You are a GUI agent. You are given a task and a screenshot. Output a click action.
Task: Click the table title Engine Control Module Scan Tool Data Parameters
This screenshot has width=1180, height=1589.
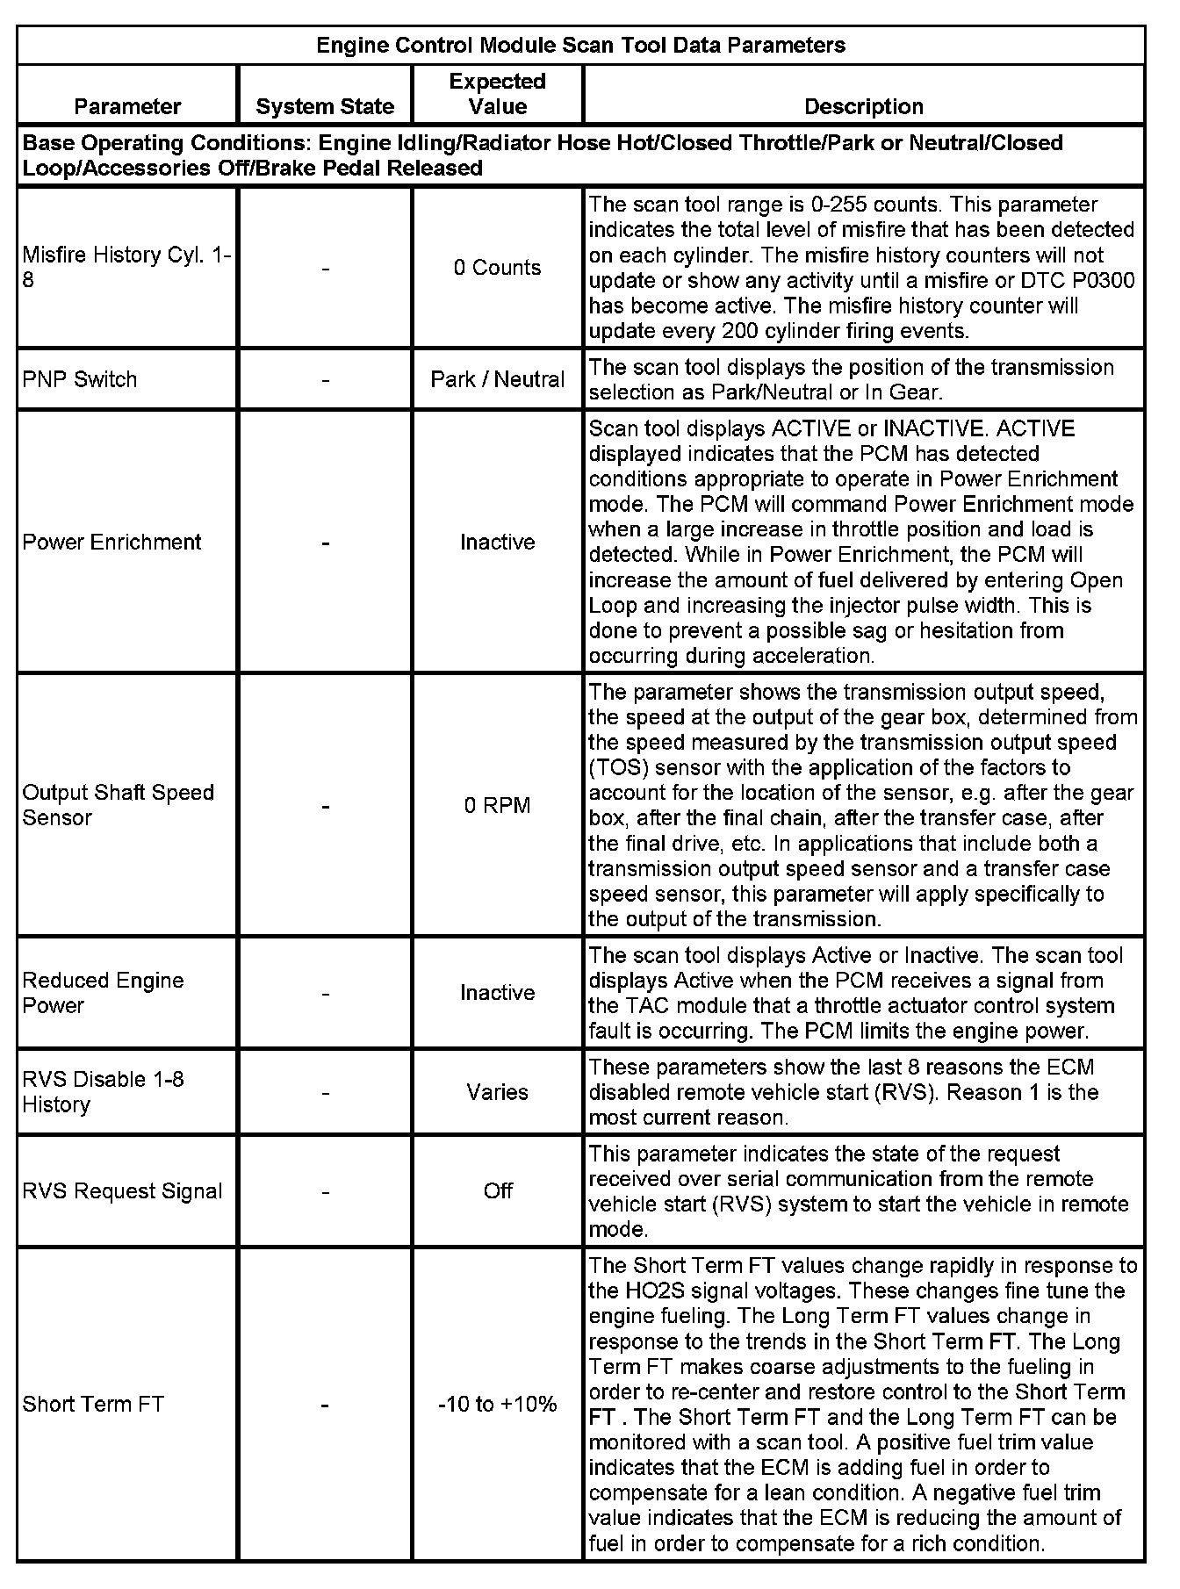coord(580,46)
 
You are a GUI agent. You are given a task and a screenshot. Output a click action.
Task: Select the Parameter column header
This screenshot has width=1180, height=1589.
coord(127,106)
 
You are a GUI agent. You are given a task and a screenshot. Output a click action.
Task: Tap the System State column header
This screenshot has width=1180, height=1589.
coord(325,106)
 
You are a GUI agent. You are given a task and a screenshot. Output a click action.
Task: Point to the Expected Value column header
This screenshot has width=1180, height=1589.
coord(497,94)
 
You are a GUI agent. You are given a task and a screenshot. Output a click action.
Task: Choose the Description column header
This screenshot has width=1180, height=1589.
coord(864,106)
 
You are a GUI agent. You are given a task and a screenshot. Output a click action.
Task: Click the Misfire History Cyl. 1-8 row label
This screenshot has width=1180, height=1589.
coord(127,268)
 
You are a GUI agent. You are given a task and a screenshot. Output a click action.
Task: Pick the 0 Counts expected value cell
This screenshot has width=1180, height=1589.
coord(497,268)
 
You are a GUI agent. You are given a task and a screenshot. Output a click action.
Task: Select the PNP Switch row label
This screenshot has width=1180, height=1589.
coord(80,379)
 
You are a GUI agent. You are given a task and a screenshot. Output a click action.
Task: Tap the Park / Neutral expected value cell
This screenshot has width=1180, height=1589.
coord(497,379)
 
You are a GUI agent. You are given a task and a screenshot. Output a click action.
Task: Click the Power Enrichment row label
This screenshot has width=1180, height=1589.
coord(112,542)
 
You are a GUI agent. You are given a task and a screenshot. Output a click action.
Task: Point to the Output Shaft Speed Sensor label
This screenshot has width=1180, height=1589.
coord(119,805)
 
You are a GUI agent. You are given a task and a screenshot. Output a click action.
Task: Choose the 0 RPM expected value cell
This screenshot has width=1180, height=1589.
coord(497,805)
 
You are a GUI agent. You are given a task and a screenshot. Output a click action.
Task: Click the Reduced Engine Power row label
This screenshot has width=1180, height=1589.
coord(104,993)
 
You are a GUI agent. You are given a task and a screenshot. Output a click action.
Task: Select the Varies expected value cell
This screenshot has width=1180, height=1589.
coord(497,1092)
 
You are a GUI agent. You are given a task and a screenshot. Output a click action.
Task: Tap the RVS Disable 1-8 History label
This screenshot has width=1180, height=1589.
coord(104,1092)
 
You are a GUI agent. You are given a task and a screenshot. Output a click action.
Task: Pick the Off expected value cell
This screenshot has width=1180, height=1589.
coord(497,1191)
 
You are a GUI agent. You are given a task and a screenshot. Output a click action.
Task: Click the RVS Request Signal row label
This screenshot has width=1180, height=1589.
coord(122,1191)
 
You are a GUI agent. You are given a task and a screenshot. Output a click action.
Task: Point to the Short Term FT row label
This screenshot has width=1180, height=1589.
coord(93,1404)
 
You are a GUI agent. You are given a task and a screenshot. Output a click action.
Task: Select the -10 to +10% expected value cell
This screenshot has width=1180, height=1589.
coord(497,1404)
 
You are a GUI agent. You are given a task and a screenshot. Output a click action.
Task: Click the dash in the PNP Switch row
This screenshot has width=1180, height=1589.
coord(325,379)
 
